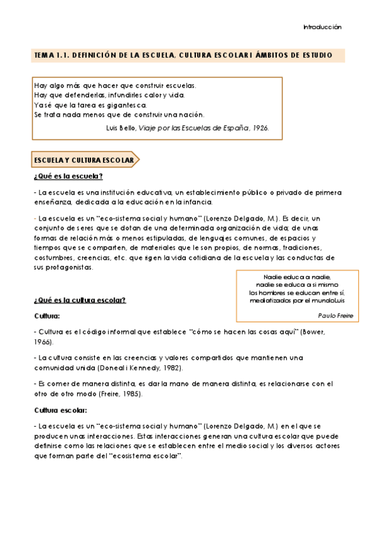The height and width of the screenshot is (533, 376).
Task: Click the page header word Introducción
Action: tap(322, 28)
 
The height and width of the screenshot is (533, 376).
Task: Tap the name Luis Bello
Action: tap(121, 127)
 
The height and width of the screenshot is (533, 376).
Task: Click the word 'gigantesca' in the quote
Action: tap(127, 104)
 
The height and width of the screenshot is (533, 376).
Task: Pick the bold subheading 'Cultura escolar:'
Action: tap(60, 410)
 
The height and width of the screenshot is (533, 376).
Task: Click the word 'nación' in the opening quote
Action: tap(191, 114)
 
